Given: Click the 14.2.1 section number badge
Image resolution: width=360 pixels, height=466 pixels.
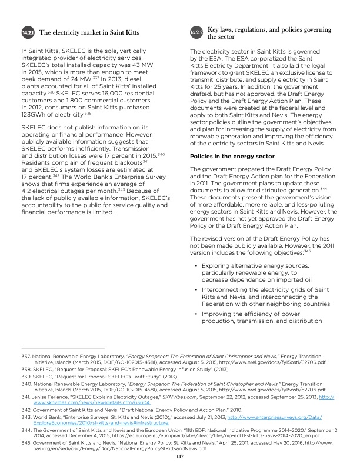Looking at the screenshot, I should pos(28,33).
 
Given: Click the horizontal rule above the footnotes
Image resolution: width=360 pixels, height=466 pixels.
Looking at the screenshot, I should pos(54,348).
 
